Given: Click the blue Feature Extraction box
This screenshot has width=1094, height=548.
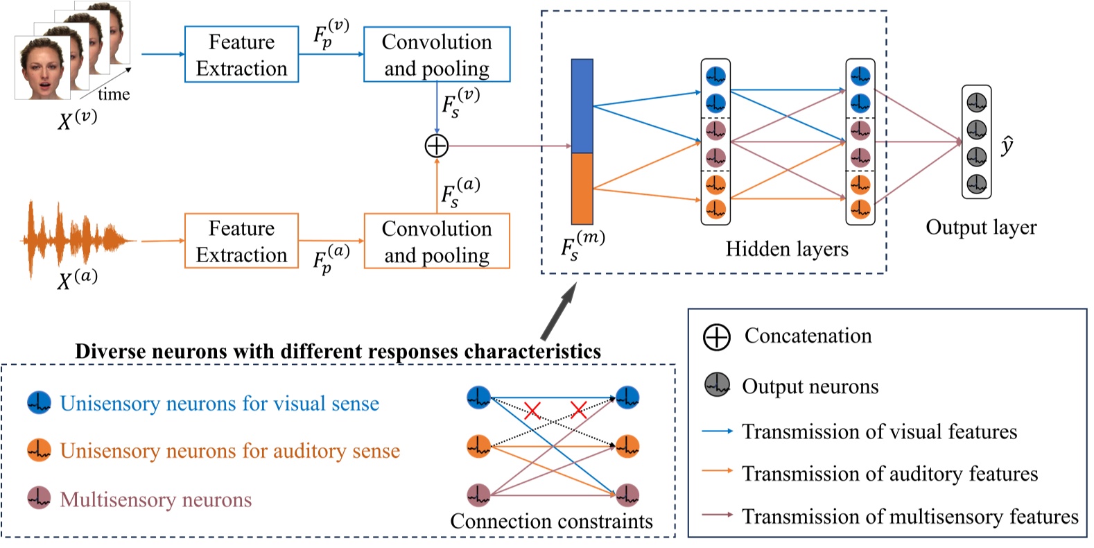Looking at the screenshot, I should click(x=241, y=55).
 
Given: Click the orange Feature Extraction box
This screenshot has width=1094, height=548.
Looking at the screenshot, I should click(x=241, y=241).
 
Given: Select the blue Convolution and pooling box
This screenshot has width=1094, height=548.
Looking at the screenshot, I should click(x=437, y=55).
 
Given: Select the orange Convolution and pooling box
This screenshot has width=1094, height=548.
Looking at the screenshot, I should click(x=437, y=241).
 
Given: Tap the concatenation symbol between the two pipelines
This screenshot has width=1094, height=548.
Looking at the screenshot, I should click(x=437, y=146).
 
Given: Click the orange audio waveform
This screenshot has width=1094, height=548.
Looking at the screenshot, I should click(x=76, y=239).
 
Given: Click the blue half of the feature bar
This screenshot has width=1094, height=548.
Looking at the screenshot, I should click(x=582, y=105).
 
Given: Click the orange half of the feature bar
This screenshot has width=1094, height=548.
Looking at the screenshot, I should click(x=582, y=188).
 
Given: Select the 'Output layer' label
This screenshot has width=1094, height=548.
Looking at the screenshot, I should click(x=981, y=228).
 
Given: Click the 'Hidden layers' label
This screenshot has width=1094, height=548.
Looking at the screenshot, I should click(x=787, y=249).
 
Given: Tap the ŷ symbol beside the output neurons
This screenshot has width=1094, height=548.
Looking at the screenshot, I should click(x=1007, y=146).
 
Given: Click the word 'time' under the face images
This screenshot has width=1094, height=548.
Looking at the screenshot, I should click(x=114, y=94).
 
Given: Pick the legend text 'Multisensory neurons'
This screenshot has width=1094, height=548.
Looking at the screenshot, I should click(x=156, y=499).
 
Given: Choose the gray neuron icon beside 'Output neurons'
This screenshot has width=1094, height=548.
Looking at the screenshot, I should click(x=718, y=384).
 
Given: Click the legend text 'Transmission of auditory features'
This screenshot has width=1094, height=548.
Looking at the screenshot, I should click(x=890, y=474).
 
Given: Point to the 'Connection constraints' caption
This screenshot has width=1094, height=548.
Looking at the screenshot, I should click(x=551, y=521).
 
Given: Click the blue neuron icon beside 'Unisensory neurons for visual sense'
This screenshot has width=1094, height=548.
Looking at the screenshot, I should click(x=39, y=402).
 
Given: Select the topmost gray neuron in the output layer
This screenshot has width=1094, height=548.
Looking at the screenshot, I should click(x=976, y=103).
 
